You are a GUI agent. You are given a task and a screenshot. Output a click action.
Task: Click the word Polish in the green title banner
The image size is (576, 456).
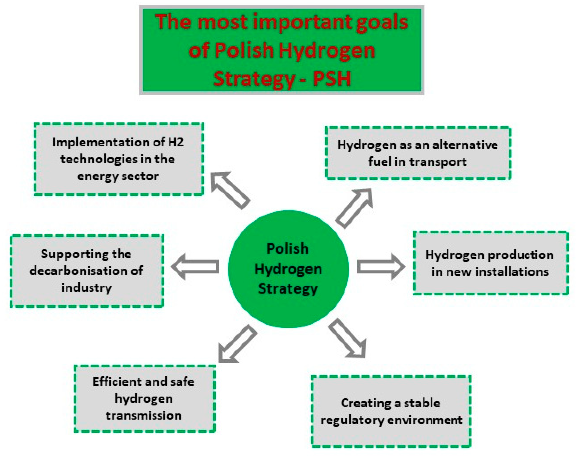(243, 50)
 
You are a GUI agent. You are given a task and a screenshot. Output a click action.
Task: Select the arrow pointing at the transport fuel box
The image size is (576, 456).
(354, 208)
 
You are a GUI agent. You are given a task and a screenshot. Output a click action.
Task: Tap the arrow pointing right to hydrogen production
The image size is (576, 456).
(381, 266)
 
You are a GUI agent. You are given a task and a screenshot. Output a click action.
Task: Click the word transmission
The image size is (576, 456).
(144, 416)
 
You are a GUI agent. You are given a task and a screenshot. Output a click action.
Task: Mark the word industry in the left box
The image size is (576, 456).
(87, 288)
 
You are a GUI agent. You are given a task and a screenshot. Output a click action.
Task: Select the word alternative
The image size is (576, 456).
(465, 145)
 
